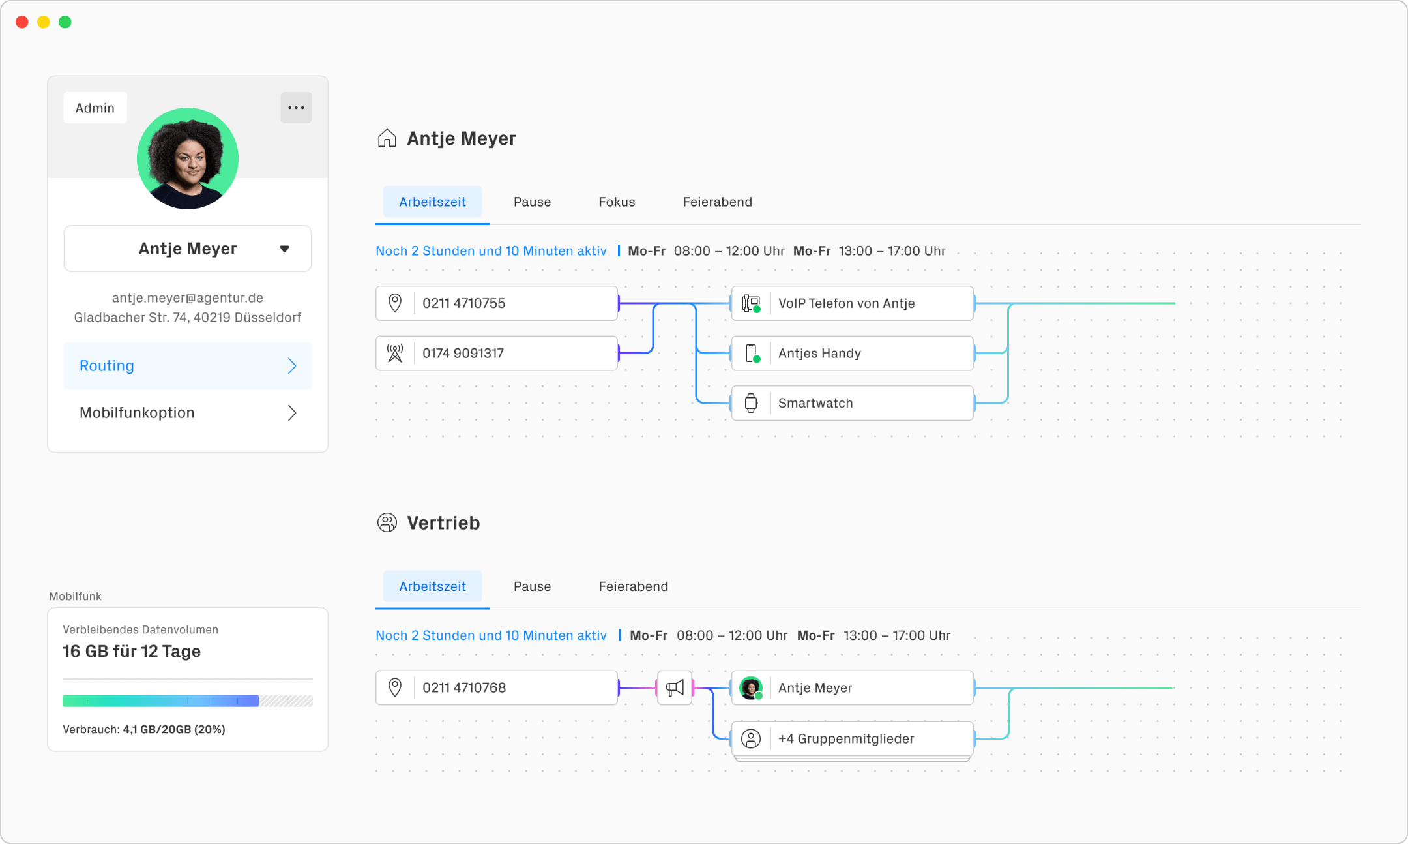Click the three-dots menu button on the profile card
296,108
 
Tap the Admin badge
95,108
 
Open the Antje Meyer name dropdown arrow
284,249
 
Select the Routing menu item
188,366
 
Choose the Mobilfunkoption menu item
188,413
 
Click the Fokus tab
617,202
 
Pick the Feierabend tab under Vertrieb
633,586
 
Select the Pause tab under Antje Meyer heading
532,202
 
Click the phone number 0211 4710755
463,303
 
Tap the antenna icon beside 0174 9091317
395,353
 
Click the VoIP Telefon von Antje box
853,303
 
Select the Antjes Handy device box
853,353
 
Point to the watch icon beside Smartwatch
751,403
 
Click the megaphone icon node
675,687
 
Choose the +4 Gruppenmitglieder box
853,739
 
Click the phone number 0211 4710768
464,687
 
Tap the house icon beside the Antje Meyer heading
387,138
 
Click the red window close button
22,22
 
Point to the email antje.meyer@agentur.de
188,298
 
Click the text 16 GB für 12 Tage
132,652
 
